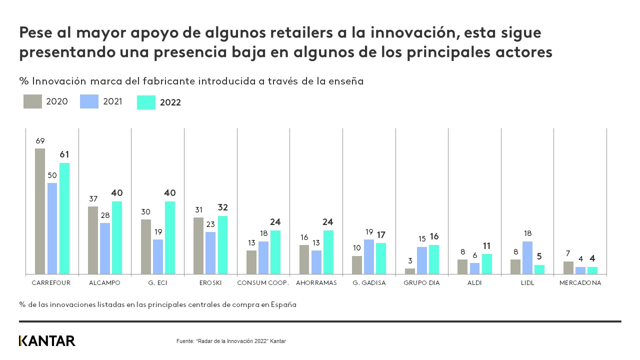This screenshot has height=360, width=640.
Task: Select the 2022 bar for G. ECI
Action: click(x=170, y=237)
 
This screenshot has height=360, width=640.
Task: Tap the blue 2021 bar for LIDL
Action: click(x=527, y=257)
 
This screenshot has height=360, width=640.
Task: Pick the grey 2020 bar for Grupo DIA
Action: click(x=410, y=271)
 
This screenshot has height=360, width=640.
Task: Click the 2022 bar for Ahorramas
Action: click(x=328, y=252)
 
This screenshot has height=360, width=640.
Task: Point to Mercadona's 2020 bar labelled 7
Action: click(x=568, y=267)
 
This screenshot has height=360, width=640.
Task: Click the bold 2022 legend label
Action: click(x=170, y=102)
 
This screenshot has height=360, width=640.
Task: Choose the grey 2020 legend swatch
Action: click(x=32, y=101)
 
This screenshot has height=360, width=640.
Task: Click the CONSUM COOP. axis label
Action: click(x=263, y=282)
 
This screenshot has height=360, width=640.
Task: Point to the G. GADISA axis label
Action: click(x=369, y=282)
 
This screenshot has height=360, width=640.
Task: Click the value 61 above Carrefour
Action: click(x=64, y=154)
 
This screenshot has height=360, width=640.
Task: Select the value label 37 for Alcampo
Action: click(x=93, y=198)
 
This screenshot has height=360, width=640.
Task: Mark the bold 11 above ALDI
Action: click(x=487, y=245)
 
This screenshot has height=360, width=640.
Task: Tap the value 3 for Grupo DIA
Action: click(x=410, y=260)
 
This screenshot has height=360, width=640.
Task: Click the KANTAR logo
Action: click(x=47, y=341)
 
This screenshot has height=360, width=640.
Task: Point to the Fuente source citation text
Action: click(x=231, y=341)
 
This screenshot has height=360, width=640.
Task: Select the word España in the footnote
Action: click(x=283, y=304)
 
